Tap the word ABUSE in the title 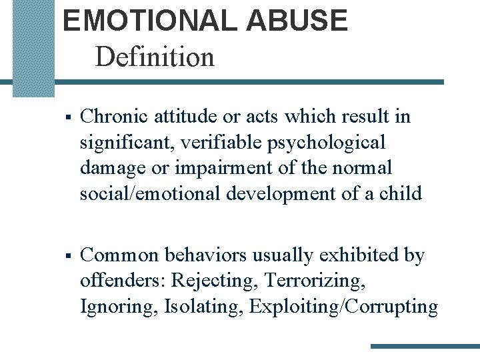click(297, 21)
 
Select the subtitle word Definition click(155, 57)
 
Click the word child click(401, 193)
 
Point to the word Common click(119, 256)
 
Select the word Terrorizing click(315, 281)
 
